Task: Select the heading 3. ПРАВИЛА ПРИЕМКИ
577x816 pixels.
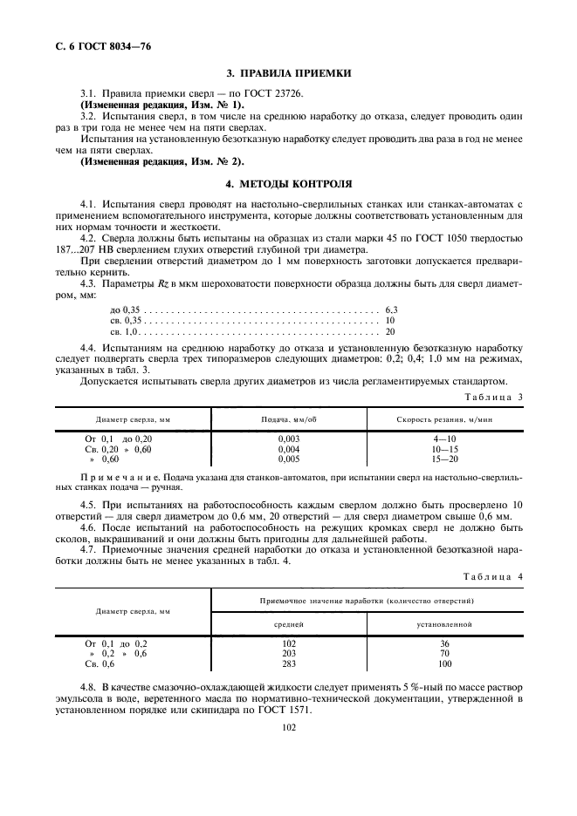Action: [x=289, y=75]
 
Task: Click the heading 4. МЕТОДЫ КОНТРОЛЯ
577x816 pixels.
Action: [x=289, y=185]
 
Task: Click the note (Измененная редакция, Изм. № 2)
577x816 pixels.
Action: [x=162, y=161]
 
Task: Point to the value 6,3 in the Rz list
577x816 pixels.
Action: [x=391, y=309]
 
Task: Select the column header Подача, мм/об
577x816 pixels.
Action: [x=289, y=419]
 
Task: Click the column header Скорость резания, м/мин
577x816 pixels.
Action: [x=444, y=419]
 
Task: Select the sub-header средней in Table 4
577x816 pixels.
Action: [x=289, y=625]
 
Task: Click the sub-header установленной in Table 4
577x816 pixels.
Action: [x=444, y=625]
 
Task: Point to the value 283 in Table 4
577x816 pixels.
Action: [x=289, y=663]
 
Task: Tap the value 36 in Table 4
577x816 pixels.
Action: [x=444, y=643]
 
